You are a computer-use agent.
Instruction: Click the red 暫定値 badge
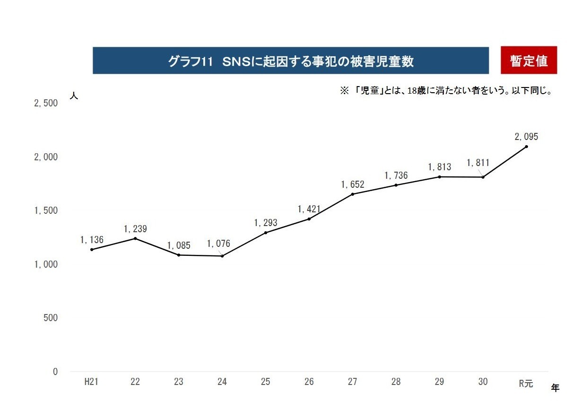tap(528, 61)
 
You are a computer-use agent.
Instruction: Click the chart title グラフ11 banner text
tap(290, 61)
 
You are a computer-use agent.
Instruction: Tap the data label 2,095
tap(526, 137)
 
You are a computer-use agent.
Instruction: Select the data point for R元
tap(526, 147)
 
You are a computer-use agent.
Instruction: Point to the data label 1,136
tap(92, 240)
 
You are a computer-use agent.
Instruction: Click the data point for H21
tap(91, 250)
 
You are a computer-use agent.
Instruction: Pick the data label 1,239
tap(135, 229)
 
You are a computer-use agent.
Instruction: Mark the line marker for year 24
tap(222, 256)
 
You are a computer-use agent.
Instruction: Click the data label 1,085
tap(179, 246)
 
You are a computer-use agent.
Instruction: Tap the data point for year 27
tap(353, 194)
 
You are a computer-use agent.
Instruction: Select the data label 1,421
tap(309, 209)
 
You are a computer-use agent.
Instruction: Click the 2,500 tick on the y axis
tap(46, 103)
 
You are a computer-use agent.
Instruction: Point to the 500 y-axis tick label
tap(50, 318)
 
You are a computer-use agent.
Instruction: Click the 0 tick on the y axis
tap(55, 372)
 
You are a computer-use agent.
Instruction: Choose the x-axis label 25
tap(265, 382)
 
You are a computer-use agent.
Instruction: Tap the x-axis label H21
tap(91, 382)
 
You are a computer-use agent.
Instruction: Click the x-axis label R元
tap(526, 383)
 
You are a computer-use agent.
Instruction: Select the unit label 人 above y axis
tap(74, 95)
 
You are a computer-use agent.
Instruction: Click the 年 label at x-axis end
tap(555, 388)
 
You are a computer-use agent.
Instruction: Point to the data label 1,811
tap(478, 163)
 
